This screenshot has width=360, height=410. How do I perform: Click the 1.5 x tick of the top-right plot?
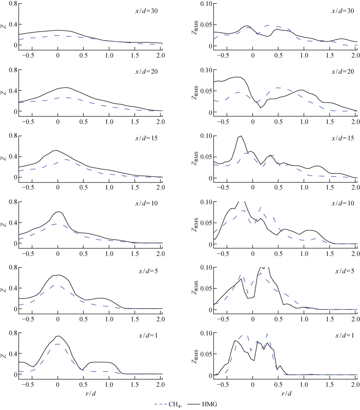(330, 54)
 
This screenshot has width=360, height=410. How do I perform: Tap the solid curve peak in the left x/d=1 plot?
(58, 336)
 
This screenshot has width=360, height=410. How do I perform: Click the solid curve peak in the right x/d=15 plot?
(241, 136)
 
